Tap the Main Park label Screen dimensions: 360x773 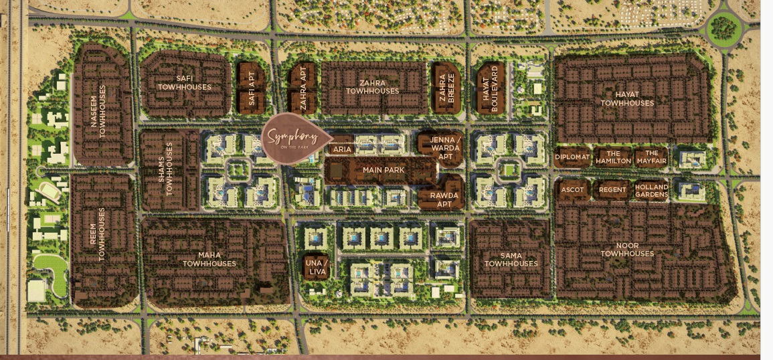(x=383, y=171)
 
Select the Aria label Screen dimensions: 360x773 (x=342, y=150)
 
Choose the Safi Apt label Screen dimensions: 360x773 (x=252, y=88)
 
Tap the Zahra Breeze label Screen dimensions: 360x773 (x=445, y=88)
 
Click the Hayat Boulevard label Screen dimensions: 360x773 (x=491, y=88)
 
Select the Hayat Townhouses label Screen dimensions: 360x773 (x=627, y=99)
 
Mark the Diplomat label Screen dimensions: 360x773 (x=572, y=157)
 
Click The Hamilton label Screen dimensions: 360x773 (x=613, y=157)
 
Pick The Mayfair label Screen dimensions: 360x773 (x=652, y=157)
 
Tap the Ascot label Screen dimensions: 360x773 (x=573, y=190)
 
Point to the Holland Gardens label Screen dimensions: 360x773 (x=652, y=191)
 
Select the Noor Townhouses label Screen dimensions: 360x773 (x=627, y=250)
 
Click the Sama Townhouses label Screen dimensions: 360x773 (x=511, y=260)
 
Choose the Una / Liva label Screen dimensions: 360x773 (x=316, y=266)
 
